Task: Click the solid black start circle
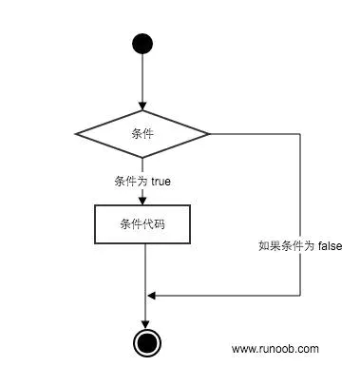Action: click(x=142, y=44)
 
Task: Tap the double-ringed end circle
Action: click(x=144, y=342)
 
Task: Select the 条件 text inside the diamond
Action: click(x=142, y=134)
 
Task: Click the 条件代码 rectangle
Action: click(x=142, y=225)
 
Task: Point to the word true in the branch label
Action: click(x=161, y=181)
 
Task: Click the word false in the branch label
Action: click(x=330, y=245)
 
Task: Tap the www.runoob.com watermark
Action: click(x=275, y=349)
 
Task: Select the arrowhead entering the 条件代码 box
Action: click(x=142, y=199)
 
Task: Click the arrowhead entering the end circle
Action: click(x=144, y=324)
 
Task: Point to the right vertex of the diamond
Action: click(x=209, y=134)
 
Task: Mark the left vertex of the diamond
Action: click(x=76, y=134)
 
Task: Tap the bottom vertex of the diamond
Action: click(x=142, y=158)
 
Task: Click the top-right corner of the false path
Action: click(x=300, y=134)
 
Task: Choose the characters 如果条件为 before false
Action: click(x=286, y=245)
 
